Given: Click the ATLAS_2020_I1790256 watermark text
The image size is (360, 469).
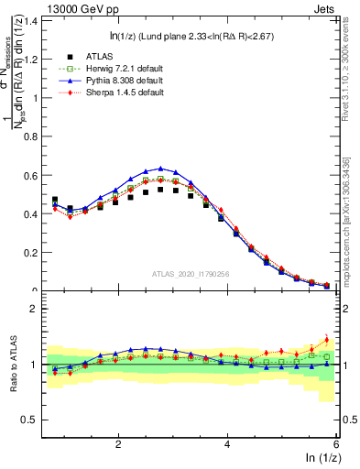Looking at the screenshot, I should (x=191, y=273).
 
